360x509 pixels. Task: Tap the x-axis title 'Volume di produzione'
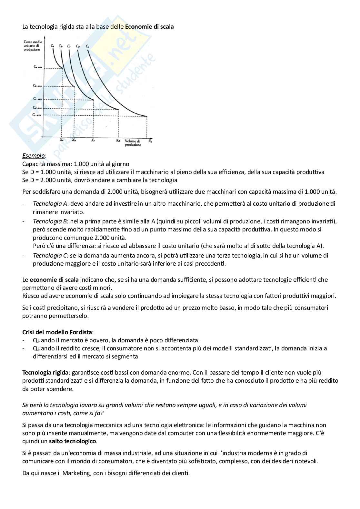click(x=133, y=143)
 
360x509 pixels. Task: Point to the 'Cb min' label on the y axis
click(x=37, y=86)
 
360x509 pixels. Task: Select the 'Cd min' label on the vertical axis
click(x=37, y=107)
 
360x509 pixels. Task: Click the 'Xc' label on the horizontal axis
click(x=93, y=140)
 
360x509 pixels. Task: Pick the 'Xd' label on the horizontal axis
click(x=118, y=140)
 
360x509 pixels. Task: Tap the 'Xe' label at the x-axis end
click(x=150, y=141)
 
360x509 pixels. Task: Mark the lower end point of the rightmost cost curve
click(x=147, y=116)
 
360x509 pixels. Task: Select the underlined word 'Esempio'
click(x=34, y=156)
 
